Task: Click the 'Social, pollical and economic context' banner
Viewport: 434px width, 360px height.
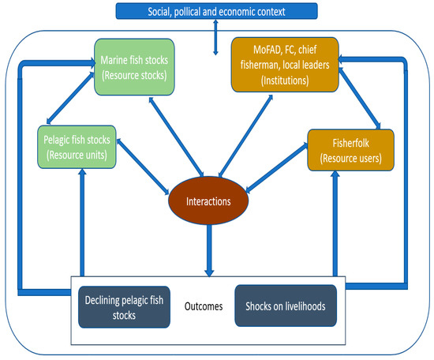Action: [x=216, y=11]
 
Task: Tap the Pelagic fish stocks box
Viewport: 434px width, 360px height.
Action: [x=77, y=147]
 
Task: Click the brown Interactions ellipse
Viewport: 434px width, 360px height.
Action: [x=208, y=201]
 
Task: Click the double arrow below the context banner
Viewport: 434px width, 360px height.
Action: [x=216, y=37]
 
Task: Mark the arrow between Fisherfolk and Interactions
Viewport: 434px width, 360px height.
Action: [x=276, y=167]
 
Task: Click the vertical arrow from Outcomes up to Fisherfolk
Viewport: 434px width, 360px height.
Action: [x=335, y=221]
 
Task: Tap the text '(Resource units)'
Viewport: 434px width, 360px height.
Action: [x=77, y=155]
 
